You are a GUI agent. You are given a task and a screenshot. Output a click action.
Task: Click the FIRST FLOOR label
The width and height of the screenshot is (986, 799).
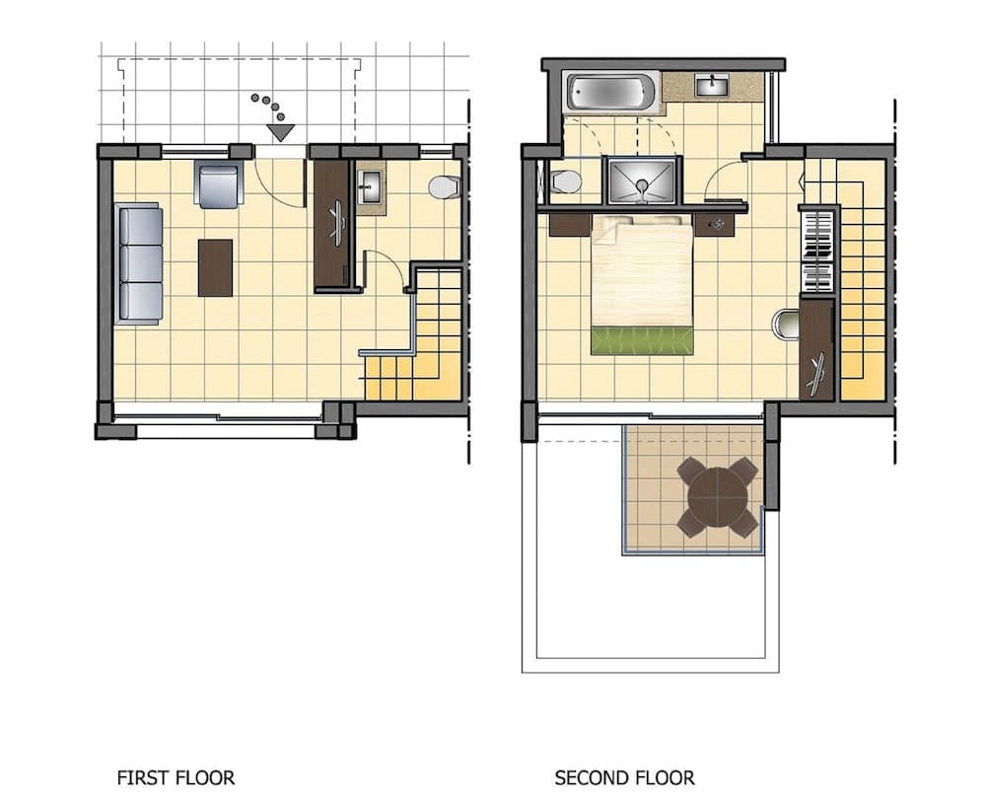point(176,778)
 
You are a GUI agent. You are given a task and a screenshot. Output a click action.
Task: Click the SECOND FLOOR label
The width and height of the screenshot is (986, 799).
point(624,778)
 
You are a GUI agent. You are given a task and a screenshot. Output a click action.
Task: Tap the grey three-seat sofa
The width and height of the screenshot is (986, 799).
point(139,263)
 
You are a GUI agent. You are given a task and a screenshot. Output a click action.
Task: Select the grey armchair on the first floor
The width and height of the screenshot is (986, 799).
point(219,183)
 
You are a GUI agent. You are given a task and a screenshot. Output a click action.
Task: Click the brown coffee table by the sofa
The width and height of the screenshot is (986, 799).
point(215,267)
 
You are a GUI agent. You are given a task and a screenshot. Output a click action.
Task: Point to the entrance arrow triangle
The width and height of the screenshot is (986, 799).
point(280,132)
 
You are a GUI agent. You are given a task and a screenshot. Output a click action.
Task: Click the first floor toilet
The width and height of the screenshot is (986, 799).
point(446,187)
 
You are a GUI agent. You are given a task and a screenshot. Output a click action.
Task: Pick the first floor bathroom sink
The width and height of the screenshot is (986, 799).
point(371,186)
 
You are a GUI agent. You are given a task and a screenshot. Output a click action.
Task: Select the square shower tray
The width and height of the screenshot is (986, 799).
point(642,182)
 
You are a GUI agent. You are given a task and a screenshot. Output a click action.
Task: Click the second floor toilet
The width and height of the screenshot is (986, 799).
point(565,182)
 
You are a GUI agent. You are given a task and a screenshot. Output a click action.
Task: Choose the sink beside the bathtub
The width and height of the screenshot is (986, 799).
point(712,86)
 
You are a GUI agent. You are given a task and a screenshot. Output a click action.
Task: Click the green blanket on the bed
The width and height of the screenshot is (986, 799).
point(642,340)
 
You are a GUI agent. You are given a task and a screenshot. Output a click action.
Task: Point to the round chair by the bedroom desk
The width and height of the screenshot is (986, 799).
point(786,324)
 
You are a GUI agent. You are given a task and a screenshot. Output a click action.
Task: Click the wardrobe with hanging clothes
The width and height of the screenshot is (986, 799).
point(816,252)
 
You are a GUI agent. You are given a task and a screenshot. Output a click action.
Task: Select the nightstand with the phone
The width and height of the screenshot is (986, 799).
point(715,224)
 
